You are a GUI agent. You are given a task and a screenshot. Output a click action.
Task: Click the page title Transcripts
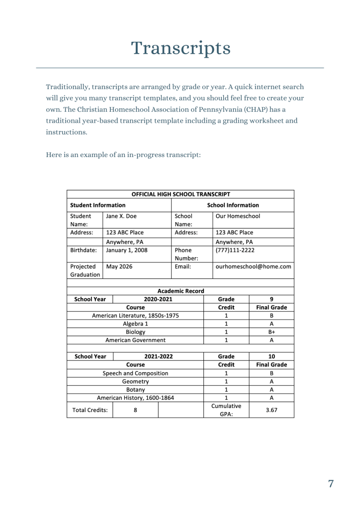click(180, 48)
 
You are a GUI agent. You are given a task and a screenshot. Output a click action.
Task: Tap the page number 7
click(331, 484)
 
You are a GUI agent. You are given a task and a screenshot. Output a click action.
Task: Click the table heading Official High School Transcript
click(180, 194)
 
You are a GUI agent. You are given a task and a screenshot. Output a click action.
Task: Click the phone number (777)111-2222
click(235, 250)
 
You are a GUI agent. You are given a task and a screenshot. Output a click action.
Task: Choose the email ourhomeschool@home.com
click(253, 267)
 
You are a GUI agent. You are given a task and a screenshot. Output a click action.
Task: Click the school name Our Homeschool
click(238, 216)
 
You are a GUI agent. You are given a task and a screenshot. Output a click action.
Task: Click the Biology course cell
click(135, 332)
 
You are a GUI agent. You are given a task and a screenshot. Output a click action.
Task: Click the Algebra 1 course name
click(135, 323)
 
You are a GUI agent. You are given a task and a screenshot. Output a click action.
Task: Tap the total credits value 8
click(135, 410)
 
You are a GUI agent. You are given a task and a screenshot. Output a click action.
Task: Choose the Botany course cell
click(135, 389)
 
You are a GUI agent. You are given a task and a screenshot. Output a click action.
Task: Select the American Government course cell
click(135, 340)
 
